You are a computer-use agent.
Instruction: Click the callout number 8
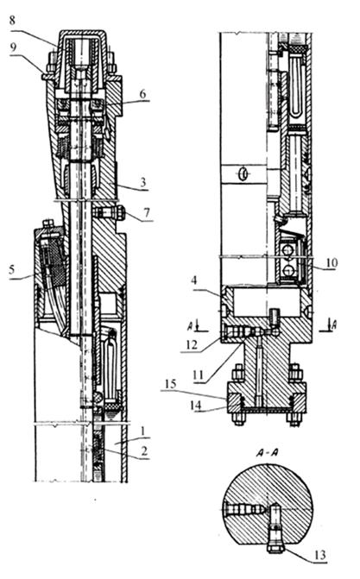pos(13,21)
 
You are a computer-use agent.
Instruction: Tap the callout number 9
pos(13,47)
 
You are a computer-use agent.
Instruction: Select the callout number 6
pos(142,93)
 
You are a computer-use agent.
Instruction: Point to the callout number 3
pos(143,182)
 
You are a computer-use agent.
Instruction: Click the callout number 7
pos(147,212)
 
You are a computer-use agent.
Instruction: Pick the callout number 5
pos(12,269)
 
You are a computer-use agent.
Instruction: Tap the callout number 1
pos(143,431)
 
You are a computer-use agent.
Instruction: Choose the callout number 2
pos(144,450)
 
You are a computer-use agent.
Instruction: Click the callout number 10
pos(332,263)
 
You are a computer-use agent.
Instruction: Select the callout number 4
pos(194,280)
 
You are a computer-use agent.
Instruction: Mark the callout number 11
pos(199,375)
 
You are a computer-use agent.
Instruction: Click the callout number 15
pos(171,384)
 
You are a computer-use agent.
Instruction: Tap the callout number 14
pos(195,406)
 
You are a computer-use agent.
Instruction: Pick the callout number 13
pos(320,555)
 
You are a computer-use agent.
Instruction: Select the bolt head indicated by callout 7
pos(121,213)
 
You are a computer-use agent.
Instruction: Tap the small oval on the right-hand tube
pos(243,173)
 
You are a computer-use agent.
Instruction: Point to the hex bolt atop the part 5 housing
pos(48,223)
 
